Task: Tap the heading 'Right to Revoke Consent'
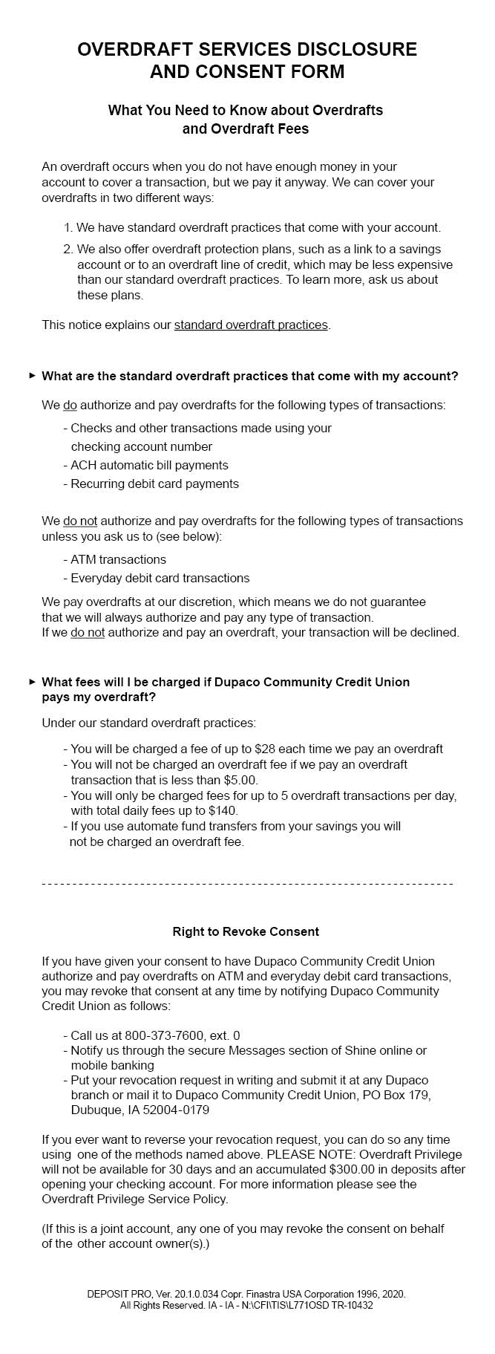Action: pyautogui.click(x=246, y=931)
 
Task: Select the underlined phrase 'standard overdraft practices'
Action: pyautogui.click(x=251, y=325)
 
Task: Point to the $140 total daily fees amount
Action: pyautogui.click(x=223, y=810)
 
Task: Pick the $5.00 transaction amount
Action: pyautogui.click(x=240, y=780)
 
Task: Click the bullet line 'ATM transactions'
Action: pyautogui.click(x=118, y=559)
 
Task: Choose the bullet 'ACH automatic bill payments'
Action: pyautogui.click(x=149, y=465)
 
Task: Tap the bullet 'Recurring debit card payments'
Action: pyautogui.click(x=154, y=484)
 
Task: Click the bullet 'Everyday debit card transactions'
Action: pyautogui.click(x=160, y=578)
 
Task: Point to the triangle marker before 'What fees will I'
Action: pyautogui.click(x=32, y=681)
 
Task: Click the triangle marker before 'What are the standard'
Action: pyautogui.click(x=32, y=375)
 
